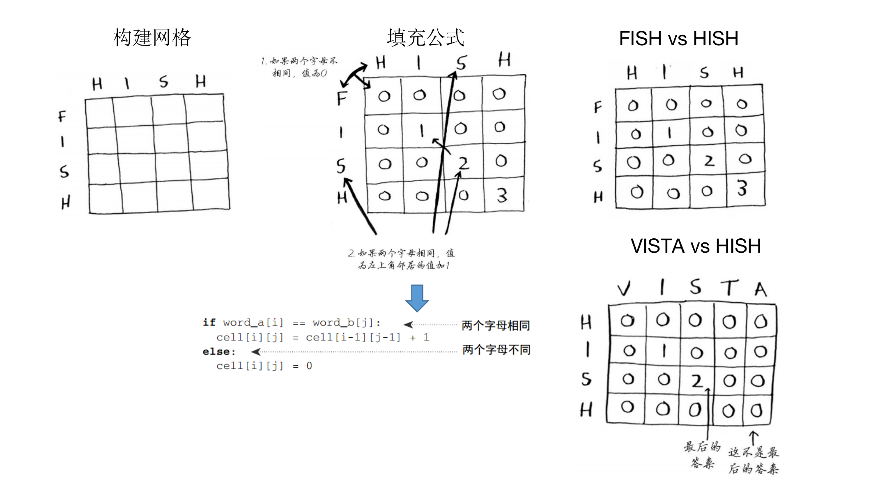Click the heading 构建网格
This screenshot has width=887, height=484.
[152, 38]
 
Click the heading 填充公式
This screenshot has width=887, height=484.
[425, 38]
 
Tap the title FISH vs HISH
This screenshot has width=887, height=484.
[678, 39]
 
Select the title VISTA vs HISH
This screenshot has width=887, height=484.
[696, 246]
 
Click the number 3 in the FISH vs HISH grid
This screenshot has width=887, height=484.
[742, 188]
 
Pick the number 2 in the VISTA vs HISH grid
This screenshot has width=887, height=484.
[697, 381]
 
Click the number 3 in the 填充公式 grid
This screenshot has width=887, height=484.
[502, 196]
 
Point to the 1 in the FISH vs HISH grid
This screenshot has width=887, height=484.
[669, 133]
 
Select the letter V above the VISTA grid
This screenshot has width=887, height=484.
[624, 288]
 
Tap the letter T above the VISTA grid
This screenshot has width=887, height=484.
[729, 287]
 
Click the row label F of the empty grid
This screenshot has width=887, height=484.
[62, 116]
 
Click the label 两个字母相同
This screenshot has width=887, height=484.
[495, 326]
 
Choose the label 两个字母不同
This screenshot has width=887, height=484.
[496, 350]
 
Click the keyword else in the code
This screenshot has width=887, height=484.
[218, 352]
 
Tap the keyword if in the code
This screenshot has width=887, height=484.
[209, 323]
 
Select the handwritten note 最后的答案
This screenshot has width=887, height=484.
[703, 455]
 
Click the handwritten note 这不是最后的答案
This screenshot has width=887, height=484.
[754, 461]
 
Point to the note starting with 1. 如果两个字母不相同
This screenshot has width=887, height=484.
[299, 67]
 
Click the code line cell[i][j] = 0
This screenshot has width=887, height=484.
[264, 366]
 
